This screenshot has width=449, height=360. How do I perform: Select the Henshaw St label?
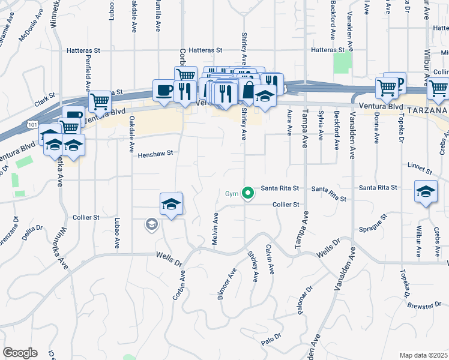pyautogui.click(x=155, y=154)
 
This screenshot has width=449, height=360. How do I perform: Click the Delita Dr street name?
pyautogui.click(x=33, y=233)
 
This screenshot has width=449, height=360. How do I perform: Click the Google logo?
pyautogui.click(x=20, y=352)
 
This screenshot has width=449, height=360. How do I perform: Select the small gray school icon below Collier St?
pyautogui.click(x=151, y=225)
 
